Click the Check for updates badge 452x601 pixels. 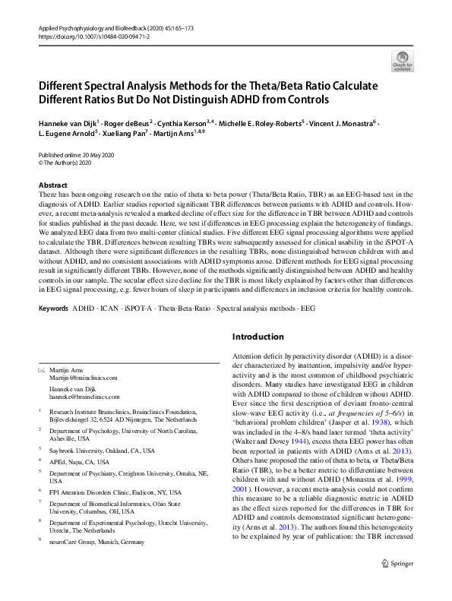(x=402, y=60)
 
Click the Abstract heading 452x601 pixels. (x=54, y=185)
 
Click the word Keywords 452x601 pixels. (x=52, y=310)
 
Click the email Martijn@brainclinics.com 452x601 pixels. (x=84, y=378)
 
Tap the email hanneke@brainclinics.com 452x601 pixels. (x=84, y=397)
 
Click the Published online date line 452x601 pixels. (x=77, y=153)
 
